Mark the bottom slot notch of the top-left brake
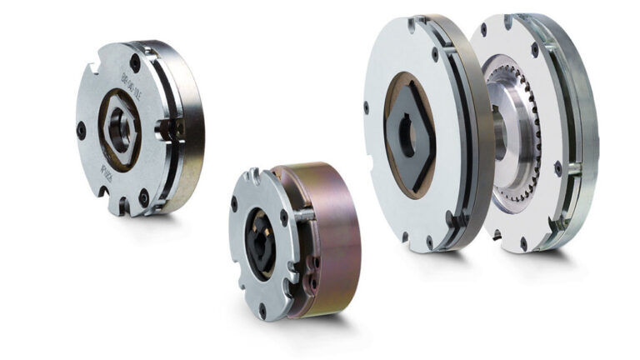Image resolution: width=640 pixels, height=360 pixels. pos(119,202)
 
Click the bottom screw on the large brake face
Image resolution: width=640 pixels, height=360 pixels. pos(431,239)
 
